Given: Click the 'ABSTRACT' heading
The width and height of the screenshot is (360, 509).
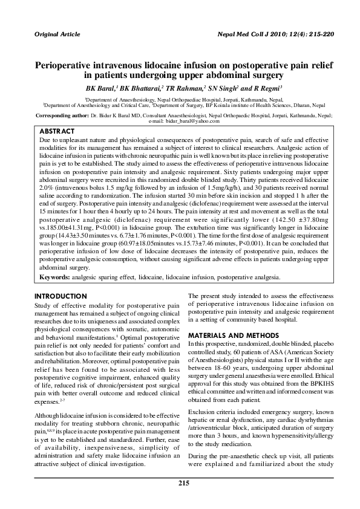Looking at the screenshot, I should tap(56, 131).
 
